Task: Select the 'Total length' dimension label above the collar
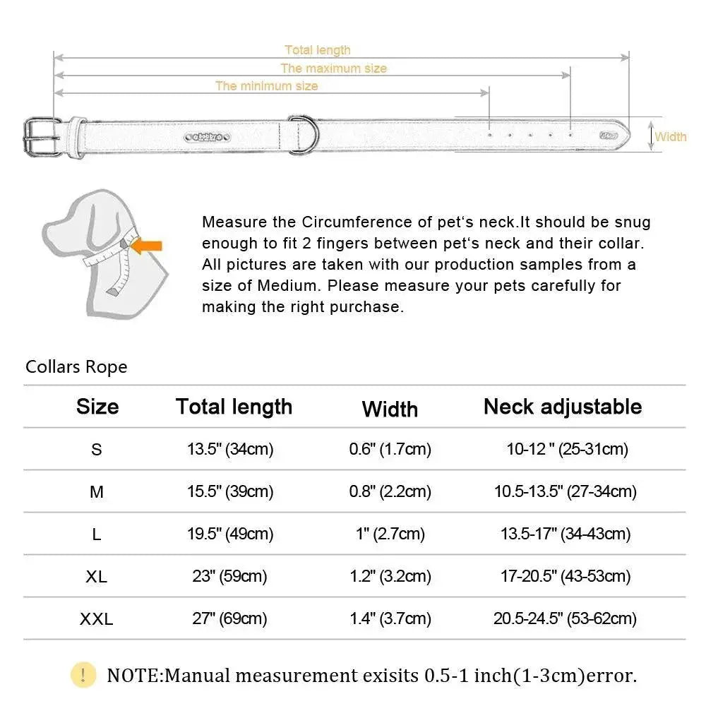point(318,50)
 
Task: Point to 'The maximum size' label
point(334,68)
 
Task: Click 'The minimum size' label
point(267,85)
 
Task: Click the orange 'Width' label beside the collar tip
point(671,136)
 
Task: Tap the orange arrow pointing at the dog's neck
point(148,246)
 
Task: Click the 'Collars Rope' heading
point(76,367)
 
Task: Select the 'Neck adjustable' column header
point(563,407)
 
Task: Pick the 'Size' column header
point(97,407)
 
